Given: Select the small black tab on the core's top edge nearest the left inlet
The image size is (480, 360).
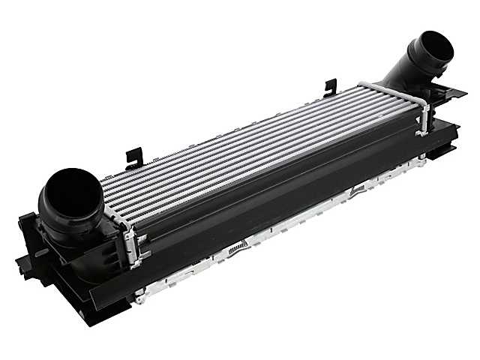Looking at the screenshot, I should [134, 157].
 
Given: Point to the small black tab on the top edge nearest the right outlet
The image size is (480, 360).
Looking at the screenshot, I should [330, 87].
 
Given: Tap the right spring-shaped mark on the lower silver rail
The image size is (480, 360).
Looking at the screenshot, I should [358, 190].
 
